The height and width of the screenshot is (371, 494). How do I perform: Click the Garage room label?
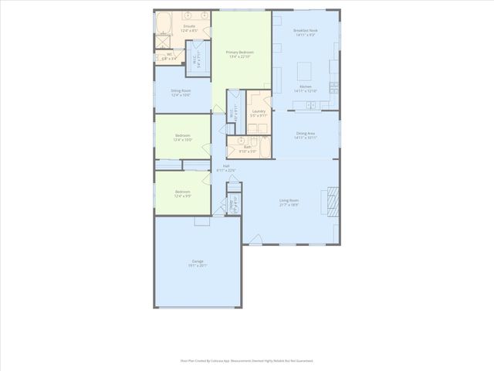pyautogui.click(x=198, y=264)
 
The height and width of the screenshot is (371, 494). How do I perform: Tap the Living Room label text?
pyautogui.click(x=289, y=203)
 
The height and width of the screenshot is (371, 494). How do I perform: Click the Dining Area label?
pyautogui.click(x=306, y=135)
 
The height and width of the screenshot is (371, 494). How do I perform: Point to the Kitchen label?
pyautogui.click(x=306, y=89)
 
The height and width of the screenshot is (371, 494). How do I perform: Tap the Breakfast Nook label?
pyautogui.click(x=306, y=32)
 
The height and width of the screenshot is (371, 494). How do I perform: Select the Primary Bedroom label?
pyautogui.click(x=240, y=54)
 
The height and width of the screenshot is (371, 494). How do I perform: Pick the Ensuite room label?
pyautogui.click(x=189, y=28)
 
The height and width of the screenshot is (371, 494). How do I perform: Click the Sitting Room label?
pyautogui.click(x=181, y=93)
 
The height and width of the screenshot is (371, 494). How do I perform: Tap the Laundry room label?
pyautogui.click(x=259, y=113)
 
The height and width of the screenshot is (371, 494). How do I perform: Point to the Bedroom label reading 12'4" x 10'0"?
pyautogui.click(x=182, y=138)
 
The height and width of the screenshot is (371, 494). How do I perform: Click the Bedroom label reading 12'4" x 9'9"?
pyautogui.click(x=182, y=193)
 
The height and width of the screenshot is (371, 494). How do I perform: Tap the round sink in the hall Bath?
pyautogui.click(x=241, y=141)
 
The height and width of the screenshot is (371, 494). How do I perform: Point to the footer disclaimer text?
pyautogui.click(x=246, y=360)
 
